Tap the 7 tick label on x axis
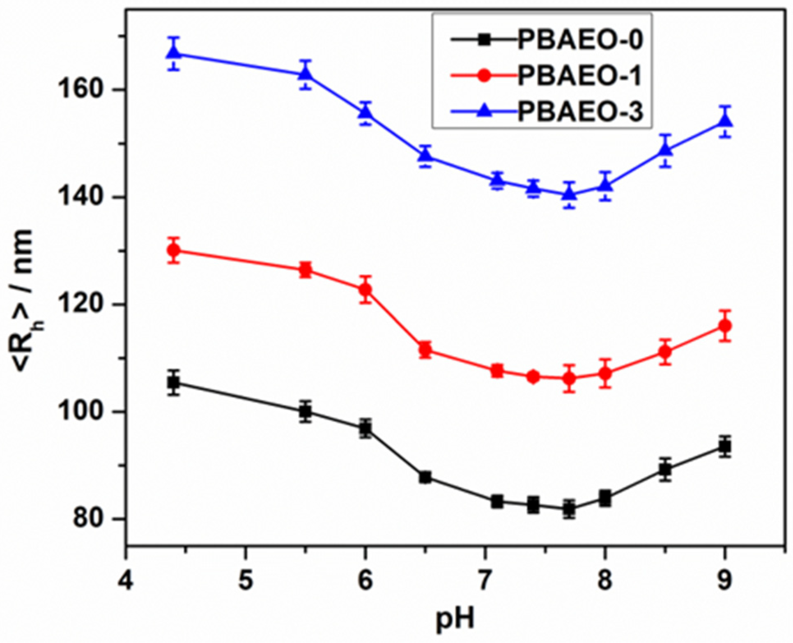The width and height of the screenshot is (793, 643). [x=485, y=581]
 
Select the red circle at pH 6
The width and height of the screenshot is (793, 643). [x=365, y=290]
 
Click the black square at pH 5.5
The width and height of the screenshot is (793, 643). [x=305, y=411]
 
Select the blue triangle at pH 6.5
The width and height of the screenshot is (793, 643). [x=425, y=155]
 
